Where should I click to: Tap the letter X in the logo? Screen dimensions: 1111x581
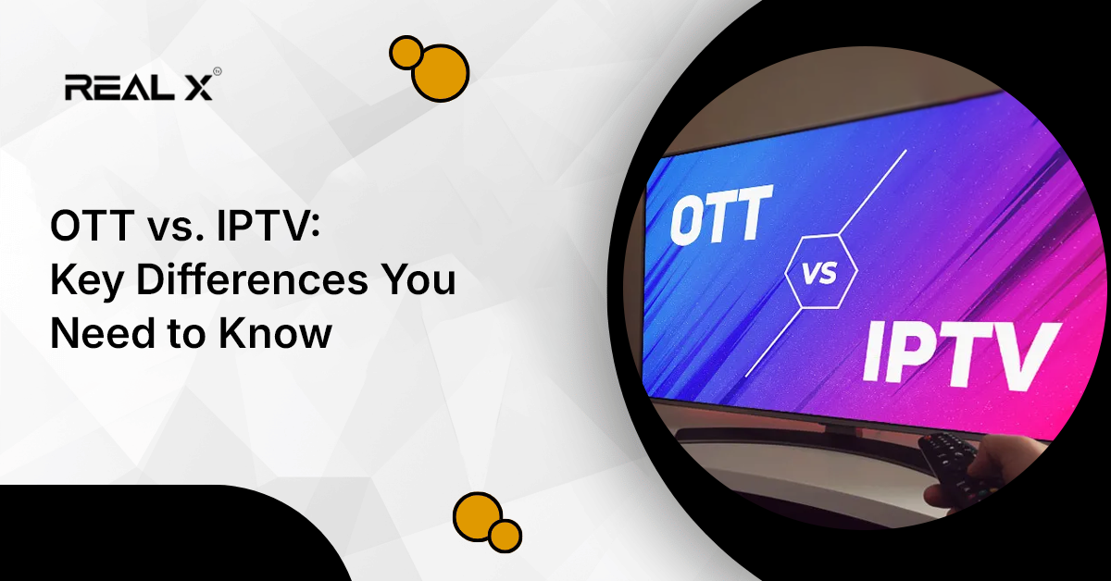(199, 87)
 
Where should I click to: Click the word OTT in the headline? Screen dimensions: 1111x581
(93, 226)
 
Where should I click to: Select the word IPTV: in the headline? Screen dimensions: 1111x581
(268, 226)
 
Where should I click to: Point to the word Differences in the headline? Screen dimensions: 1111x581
(253, 280)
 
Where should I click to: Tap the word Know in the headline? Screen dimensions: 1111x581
(275, 333)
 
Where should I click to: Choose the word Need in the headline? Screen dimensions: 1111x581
(103, 333)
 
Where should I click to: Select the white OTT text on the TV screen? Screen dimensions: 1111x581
(720, 215)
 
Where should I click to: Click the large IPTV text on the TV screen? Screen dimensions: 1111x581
(960, 353)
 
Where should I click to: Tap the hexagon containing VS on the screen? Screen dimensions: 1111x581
(821, 272)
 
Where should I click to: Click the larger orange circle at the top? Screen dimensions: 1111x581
(440, 73)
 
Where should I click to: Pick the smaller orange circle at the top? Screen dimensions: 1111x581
(406, 52)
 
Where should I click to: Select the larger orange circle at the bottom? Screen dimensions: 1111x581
(478, 516)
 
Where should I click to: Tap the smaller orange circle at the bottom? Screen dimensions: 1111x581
(505, 536)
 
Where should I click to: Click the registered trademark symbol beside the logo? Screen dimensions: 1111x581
(218, 71)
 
